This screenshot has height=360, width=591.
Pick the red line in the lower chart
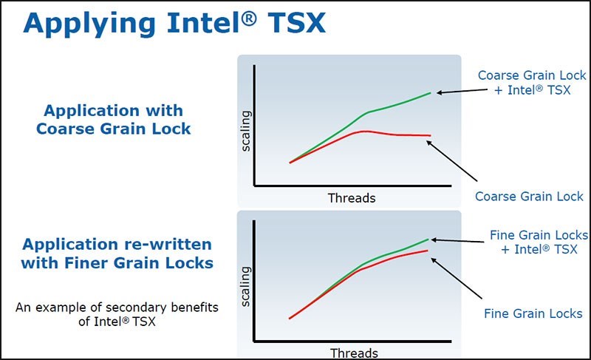pos(325,292)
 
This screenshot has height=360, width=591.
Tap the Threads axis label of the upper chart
pos(352,198)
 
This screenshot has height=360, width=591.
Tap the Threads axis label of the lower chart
pos(354,353)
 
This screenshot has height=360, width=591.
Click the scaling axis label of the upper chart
pos(246,131)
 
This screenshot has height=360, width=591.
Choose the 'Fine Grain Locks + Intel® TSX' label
pos(539,242)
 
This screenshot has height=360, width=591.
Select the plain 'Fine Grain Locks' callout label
pos(533,313)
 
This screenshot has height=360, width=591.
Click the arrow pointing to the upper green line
pos(454,90)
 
